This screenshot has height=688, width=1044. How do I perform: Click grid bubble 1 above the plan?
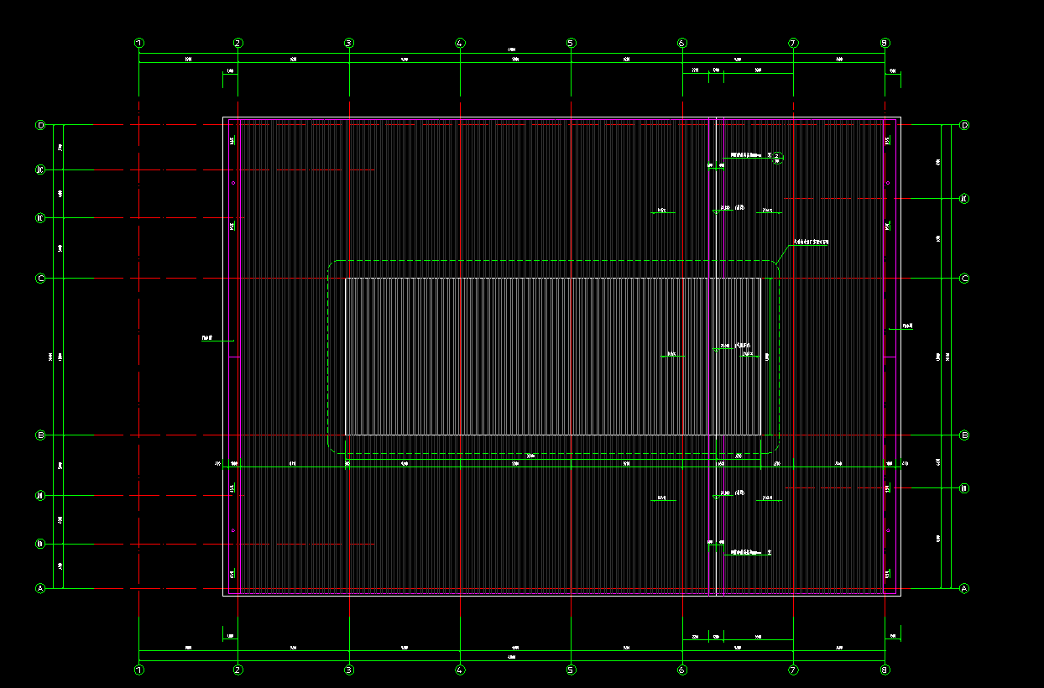click(x=139, y=43)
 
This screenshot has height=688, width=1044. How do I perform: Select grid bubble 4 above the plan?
click(x=460, y=43)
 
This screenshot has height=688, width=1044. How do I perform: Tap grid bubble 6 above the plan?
click(x=682, y=43)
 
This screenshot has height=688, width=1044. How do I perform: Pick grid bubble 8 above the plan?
click(x=885, y=43)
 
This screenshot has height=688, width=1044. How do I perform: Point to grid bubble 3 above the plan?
click(x=349, y=43)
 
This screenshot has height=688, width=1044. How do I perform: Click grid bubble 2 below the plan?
click(x=238, y=670)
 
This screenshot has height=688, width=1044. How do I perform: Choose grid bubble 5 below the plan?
click(x=571, y=670)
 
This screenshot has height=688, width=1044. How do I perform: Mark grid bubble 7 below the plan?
click(x=793, y=670)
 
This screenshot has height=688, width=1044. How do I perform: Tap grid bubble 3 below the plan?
click(x=349, y=670)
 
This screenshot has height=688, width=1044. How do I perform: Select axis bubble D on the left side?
click(x=40, y=125)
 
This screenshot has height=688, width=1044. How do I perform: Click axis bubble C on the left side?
click(x=40, y=279)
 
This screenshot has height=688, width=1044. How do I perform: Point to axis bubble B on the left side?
click(x=40, y=435)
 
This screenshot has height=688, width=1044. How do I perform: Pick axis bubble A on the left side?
click(x=40, y=588)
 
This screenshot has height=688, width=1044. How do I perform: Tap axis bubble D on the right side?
click(x=964, y=125)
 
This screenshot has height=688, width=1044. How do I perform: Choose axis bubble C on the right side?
click(x=964, y=279)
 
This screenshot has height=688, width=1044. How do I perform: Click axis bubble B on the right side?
click(x=964, y=435)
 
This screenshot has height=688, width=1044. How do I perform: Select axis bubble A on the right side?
click(x=964, y=588)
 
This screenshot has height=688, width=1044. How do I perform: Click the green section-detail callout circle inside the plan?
click(x=778, y=156)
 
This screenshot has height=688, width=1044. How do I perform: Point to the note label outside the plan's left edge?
click(x=206, y=338)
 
